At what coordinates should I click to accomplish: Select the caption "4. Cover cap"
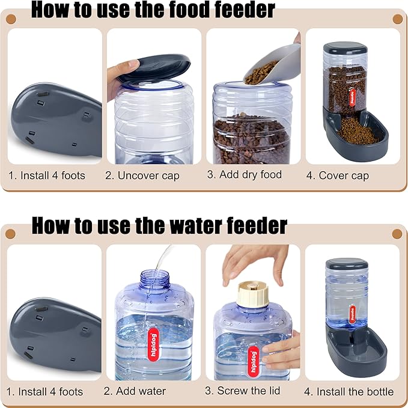344,176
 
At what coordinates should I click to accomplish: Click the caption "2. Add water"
135,391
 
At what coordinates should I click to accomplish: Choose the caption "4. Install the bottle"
349,392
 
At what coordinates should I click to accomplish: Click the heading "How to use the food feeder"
153,10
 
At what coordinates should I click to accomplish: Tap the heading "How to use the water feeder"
159,225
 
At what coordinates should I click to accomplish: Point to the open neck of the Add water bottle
154,277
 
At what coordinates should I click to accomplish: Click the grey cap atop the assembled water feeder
347,265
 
